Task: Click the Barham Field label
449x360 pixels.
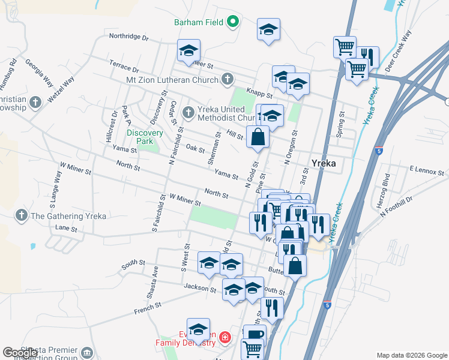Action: [199, 22]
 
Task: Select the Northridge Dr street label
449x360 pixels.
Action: [128, 37]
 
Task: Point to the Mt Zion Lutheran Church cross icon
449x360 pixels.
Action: [227, 79]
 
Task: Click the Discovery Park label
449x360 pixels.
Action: [145, 137]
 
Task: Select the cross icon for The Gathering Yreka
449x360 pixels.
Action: [22, 215]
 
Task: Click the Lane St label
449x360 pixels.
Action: [66, 229]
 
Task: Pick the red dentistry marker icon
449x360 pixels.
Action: [225, 337]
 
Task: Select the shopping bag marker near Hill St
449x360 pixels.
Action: [258, 136]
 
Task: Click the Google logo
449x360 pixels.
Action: [20, 353]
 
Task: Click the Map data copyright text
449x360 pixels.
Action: [412, 355]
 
